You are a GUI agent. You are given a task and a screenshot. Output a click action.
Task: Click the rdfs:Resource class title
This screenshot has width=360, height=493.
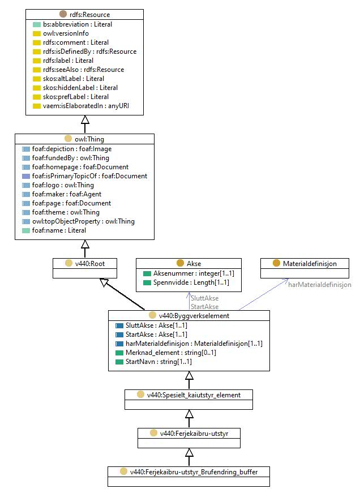coord(89,15)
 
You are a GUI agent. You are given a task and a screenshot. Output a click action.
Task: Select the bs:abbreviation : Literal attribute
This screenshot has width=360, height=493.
coord(78,24)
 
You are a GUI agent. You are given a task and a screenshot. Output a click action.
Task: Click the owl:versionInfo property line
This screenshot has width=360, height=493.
coord(66,33)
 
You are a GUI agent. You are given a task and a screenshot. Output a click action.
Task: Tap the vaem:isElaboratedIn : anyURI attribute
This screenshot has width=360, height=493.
coord(86,106)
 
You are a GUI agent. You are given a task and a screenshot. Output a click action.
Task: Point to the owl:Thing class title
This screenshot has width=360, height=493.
coord(89,139)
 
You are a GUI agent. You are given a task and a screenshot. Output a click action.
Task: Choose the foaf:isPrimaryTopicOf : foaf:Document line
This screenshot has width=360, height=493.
coord(89,176)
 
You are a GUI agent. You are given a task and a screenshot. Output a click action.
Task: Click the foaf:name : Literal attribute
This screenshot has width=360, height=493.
coord(59,230)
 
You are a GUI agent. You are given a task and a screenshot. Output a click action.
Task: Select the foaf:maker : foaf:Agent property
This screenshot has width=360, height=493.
coord(67,194)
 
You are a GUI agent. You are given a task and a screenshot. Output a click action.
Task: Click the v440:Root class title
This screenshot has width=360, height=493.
coord(90,263)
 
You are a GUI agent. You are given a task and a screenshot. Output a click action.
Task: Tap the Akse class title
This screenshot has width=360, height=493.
coord(194,263)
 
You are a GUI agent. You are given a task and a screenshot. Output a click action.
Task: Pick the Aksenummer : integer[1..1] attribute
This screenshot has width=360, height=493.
coord(194,273)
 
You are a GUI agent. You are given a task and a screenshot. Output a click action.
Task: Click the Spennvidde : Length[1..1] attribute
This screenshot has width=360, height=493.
coord(191,282)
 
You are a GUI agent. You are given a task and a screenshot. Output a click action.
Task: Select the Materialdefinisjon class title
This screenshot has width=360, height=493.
coord(310,263)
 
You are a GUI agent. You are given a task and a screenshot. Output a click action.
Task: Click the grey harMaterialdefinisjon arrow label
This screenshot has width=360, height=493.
coord(320,285)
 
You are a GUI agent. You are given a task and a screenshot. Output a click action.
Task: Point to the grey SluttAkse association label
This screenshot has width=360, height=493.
coord(205,298)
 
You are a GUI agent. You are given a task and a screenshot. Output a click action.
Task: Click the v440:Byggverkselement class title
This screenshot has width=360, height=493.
coord(194,316)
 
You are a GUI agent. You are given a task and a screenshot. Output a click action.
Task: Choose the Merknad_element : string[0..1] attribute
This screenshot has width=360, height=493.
coord(171,353)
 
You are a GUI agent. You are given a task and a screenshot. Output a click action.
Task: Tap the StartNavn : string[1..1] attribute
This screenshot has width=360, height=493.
coord(158,362)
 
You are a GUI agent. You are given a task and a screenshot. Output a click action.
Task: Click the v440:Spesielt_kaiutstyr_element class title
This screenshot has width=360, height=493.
coord(194,395)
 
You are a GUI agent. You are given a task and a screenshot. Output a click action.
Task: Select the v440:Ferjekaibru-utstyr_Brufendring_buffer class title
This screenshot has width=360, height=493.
coord(194,472)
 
